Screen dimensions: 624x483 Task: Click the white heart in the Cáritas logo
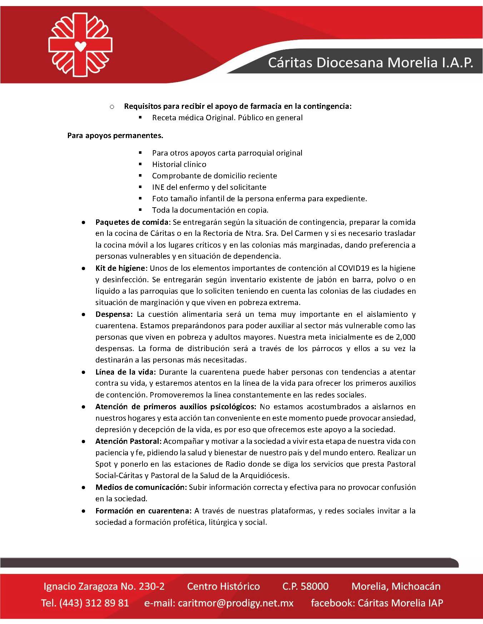point(81,46)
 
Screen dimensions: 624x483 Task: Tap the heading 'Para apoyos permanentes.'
point(115,136)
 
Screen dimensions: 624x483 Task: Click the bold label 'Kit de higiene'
point(121,268)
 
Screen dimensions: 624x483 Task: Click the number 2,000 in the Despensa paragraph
point(405,337)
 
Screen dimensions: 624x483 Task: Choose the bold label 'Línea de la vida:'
point(125,372)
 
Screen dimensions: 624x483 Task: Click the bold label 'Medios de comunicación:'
point(141,487)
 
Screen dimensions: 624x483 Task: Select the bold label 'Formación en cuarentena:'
point(144,511)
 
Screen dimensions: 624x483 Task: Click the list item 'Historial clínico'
point(179,164)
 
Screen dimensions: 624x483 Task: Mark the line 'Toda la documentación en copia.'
point(210,210)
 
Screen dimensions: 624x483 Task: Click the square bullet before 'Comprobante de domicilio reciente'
point(140,176)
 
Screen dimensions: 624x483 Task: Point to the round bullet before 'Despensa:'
point(83,314)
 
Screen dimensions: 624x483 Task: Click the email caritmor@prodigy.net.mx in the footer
point(235,603)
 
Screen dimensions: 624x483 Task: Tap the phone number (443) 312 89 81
point(94,603)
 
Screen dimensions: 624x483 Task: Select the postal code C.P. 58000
point(305,586)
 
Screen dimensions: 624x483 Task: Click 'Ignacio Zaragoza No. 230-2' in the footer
point(104,586)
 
